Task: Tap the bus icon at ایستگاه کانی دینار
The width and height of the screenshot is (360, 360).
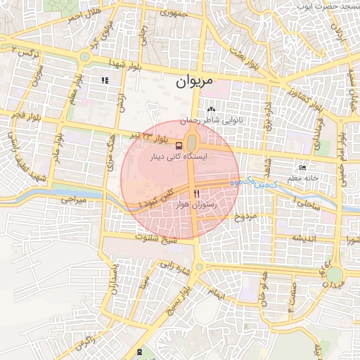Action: tap(178, 146)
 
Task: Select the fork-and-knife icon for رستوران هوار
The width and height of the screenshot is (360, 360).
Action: tap(197, 193)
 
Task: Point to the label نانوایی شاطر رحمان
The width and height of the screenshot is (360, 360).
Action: tap(212, 120)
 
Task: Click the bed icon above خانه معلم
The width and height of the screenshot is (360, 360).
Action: tap(303, 167)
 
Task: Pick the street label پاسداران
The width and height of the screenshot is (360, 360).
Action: tap(114, 280)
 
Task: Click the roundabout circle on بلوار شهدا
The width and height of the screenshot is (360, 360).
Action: tap(84, 57)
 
